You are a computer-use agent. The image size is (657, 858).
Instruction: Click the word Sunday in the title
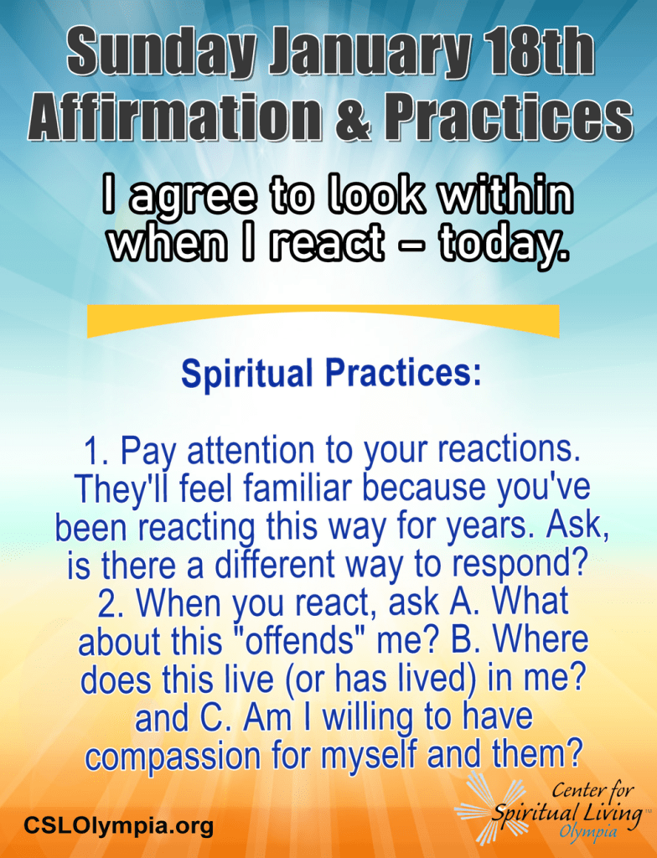click(x=163, y=54)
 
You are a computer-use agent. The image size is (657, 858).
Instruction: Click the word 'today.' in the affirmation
click(x=503, y=243)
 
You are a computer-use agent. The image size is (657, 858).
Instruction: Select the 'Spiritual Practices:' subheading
click(x=331, y=373)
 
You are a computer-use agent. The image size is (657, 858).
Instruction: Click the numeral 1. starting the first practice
click(x=96, y=451)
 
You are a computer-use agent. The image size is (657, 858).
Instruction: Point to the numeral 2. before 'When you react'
click(x=111, y=603)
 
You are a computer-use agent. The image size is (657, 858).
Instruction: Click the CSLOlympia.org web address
click(x=118, y=824)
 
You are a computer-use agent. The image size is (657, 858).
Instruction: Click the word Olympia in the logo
click(x=588, y=832)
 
